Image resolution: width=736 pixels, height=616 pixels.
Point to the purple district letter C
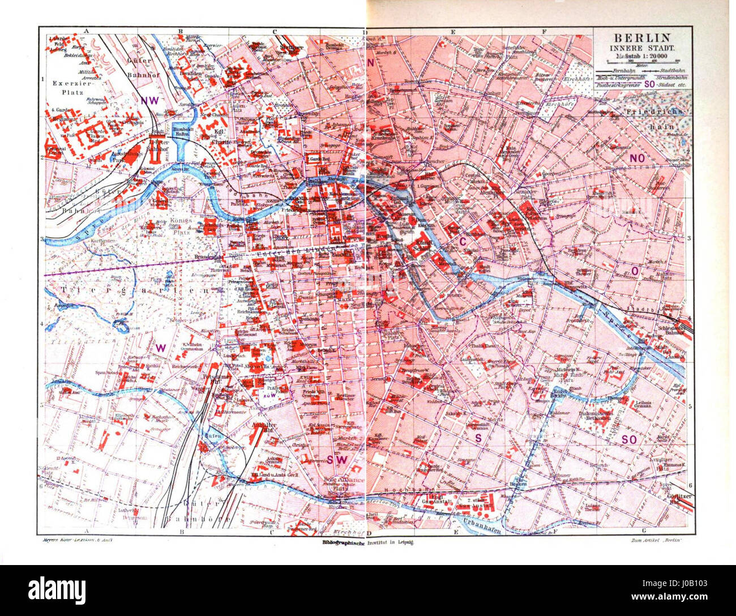click(463, 242)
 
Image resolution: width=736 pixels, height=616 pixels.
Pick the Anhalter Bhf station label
click(261, 427)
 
